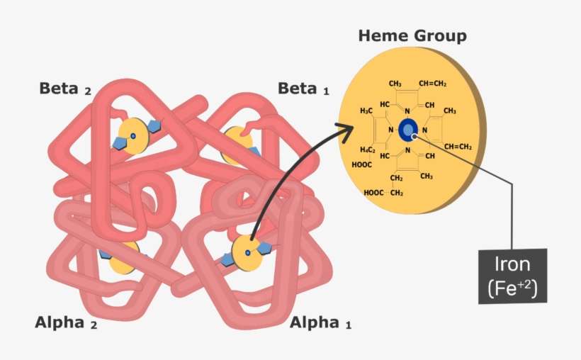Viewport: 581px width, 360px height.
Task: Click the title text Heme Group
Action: click(x=412, y=35)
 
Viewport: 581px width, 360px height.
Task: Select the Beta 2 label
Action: click(x=65, y=89)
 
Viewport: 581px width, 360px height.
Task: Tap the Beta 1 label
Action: click(x=303, y=89)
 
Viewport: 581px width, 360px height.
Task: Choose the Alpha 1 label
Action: click(x=320, y=323)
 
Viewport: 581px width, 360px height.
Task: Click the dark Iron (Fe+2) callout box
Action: click(x=513, y=276)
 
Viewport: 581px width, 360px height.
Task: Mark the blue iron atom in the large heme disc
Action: click(x=408, y=130)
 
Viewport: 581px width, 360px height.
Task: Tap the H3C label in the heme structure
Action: click(x=366, y=111)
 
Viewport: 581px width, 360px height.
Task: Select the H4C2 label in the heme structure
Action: click(x=367, y=150)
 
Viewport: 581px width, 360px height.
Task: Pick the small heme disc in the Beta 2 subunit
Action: click(x=133, y=135)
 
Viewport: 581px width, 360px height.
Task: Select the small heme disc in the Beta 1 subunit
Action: click(x=237, y=145)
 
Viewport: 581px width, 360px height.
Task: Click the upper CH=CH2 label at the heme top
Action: click(x=432, y=84)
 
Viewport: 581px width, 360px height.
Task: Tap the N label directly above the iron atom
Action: click(x=407, y=111)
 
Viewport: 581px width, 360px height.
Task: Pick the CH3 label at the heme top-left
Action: click(x=395, y=84)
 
